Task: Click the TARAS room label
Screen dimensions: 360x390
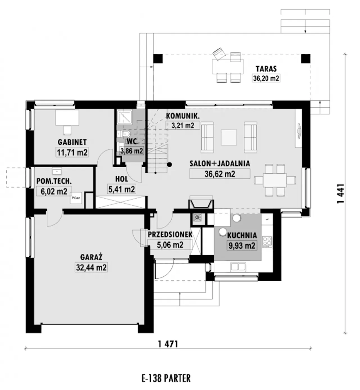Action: pyautogui.click(x=266, y=69)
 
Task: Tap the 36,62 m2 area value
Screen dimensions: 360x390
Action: pyautogui.click(x=220, y=174)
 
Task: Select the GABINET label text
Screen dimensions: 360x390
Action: pyautogui.click(x=72, y=142)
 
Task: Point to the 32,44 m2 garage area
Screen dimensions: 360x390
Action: pyautogui.click(x=91, y=268)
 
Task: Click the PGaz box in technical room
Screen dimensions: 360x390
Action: pyautogui.click(x=76, y=198)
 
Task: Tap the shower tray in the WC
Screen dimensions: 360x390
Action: pyautogui.click(x=125, y=117)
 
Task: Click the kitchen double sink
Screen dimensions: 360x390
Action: pyautogui.click(x=238, y=267)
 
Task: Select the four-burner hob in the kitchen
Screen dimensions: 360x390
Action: pyautogui.click(x=267, y=241)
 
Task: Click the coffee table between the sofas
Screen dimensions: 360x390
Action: pyautogui.click(x=229, y=137)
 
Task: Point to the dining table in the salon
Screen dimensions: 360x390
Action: pyautogui.click(x=275, y=180)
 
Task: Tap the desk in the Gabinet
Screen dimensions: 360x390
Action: pyautogui.click(x=67, y=118)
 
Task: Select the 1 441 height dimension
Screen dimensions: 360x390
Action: pyautogui.click(x=341, y=194)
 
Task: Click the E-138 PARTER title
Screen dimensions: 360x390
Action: pyautogui.click(x=166, y=378)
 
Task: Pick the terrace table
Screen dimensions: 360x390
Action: pyautogui.click(x=228, y=66)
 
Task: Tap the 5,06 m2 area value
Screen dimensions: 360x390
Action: pyautogui.click(x=170, y=245)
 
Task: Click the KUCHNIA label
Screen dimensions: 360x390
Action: pyautogui.click(x=242, y=235)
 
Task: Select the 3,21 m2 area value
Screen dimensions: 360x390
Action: pyautogui.click(x=183, y=125)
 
